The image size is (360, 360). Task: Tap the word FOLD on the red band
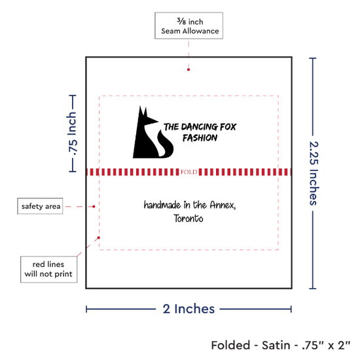point(189,172)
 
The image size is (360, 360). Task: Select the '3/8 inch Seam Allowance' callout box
point(189,26)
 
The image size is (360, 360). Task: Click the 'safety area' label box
point(40,206)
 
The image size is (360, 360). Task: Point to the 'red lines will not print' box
point(48,269)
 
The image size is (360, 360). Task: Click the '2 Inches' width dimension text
point(189,309)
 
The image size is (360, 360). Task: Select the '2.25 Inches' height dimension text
point(314,173)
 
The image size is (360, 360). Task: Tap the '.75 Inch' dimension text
point(72,134)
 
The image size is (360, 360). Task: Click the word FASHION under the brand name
point(200,137)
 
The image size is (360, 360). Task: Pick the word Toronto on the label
point(189,218)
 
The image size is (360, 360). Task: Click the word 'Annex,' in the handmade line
point(223,205)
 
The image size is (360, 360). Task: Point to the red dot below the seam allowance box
point(189,69)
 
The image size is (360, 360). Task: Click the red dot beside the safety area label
point(94,207)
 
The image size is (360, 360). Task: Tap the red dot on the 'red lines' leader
point(98,238)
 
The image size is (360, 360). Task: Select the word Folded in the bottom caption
point(230,346)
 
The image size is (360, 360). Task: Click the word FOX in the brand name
point(228,127)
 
